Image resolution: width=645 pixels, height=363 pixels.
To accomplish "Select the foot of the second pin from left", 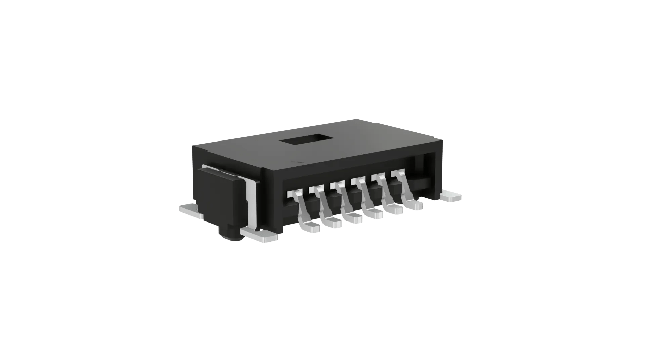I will pyautogui.click(x=332, y=223).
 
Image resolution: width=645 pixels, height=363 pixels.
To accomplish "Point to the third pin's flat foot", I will pyautogui.click(x=353, y=218).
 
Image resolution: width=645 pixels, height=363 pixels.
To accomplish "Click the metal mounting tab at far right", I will pyautogui.click(x=451, y=197).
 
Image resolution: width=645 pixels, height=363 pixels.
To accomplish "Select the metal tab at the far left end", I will pyautogui.click(x=191, y=212).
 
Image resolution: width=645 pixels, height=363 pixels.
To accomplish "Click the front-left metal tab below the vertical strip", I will pyautogui.click(x=260, y=235).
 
